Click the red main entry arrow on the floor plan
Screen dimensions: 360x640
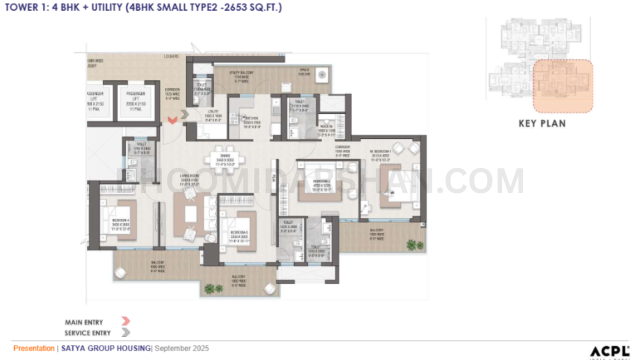[172, 120]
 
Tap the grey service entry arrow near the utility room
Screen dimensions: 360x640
[184, 114]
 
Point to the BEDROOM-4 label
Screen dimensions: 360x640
[120, 221]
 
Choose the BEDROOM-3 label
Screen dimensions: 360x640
[239, 233]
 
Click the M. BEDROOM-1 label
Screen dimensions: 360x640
[378, 150]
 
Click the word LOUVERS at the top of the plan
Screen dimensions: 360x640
[171, 56]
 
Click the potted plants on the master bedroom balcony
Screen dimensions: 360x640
[415, 245]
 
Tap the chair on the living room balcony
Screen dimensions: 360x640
[120, 272]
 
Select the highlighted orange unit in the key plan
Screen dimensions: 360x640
[562, 86]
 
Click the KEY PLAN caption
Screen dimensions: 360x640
[541, 123]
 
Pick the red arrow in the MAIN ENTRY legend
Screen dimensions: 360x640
[125, 321]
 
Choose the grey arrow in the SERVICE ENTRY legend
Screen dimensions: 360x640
[125, 332]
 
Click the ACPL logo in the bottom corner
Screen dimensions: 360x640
[609, 351]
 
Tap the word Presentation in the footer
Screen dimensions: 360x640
[33, 348]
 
